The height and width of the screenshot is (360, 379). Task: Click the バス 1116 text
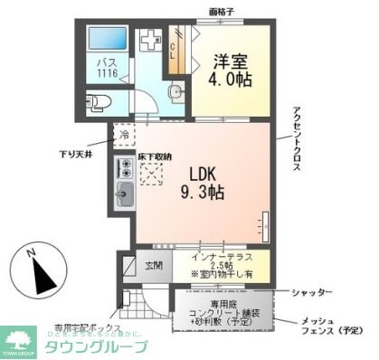pyautogui.click(x=108, y=70)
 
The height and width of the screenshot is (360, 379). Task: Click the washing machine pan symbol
pyautogui.click(x=150, y=43)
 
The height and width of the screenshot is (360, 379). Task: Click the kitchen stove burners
pyautogui.click(x=124, y=168)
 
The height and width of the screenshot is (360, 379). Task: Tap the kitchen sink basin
pyautogui.click(x=124, y=193)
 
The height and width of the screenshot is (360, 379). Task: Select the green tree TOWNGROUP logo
pyautogui.click(x=15, y=339)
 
